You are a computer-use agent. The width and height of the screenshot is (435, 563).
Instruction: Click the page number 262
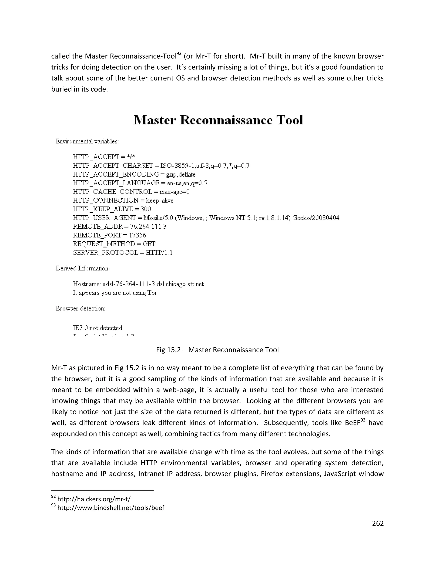(x=378, y=523)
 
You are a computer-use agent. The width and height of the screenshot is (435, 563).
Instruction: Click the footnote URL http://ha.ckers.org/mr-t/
(x=94, y=499)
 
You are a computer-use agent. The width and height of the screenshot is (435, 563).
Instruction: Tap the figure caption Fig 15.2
(x=217, y=350)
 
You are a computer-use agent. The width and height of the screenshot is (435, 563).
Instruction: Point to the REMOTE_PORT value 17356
(x=137, y=235)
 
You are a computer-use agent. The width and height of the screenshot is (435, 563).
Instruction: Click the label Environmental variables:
(x=87, y=141)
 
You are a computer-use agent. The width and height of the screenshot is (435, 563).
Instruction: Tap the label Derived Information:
(x=82, y=268)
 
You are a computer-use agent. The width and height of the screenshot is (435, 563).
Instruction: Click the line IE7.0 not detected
(x=97, y=328)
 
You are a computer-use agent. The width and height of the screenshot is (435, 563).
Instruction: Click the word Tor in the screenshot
(x=152, y=293)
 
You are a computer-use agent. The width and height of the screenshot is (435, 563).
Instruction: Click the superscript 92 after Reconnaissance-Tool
(x=179, y=54)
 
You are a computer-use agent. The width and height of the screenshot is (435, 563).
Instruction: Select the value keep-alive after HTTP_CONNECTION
(x=160, y=201)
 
